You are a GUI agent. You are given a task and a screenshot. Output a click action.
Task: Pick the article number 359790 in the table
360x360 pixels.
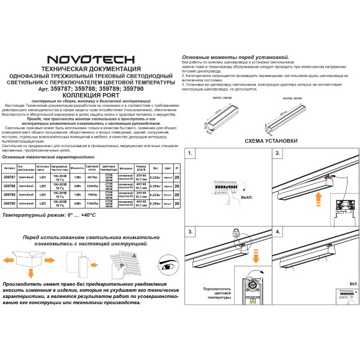[9, 202]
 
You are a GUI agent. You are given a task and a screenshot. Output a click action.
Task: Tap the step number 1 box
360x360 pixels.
[191, 155]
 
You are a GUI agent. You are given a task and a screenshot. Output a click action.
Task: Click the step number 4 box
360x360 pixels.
[279, 232]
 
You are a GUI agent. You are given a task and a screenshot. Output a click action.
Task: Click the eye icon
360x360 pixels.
[164, 266]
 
